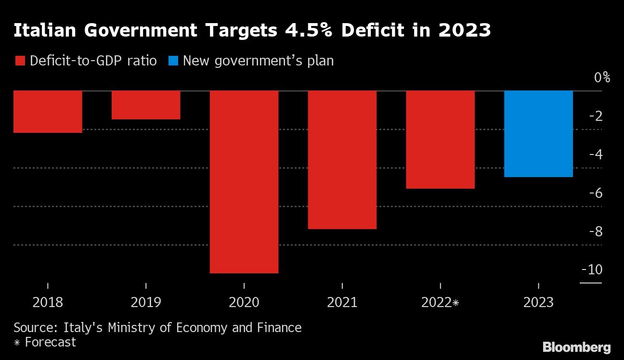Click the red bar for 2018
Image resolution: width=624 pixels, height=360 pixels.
point(48,111)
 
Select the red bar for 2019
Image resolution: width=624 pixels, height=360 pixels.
point(146,105)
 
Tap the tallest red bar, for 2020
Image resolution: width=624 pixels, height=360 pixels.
point(244,182)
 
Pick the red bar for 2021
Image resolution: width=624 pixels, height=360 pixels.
point(342,160)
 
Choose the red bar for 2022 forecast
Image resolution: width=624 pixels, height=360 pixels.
point(441,140)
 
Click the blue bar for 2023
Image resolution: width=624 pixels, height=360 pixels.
point(538,134)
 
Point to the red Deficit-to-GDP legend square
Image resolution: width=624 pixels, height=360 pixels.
point(20,61)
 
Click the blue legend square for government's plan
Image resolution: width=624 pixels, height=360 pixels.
point(173,61)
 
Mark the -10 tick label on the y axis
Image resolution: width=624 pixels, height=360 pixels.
point(592,270)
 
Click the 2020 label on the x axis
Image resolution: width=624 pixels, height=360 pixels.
point(244,303)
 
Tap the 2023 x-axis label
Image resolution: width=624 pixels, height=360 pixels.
point(538,303)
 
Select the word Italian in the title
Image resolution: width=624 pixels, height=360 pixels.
point(44,30)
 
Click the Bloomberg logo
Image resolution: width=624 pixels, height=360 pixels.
point(576,347)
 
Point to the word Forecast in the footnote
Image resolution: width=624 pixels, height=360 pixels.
point(51,342)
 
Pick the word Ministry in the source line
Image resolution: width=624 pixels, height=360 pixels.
point(127,328)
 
